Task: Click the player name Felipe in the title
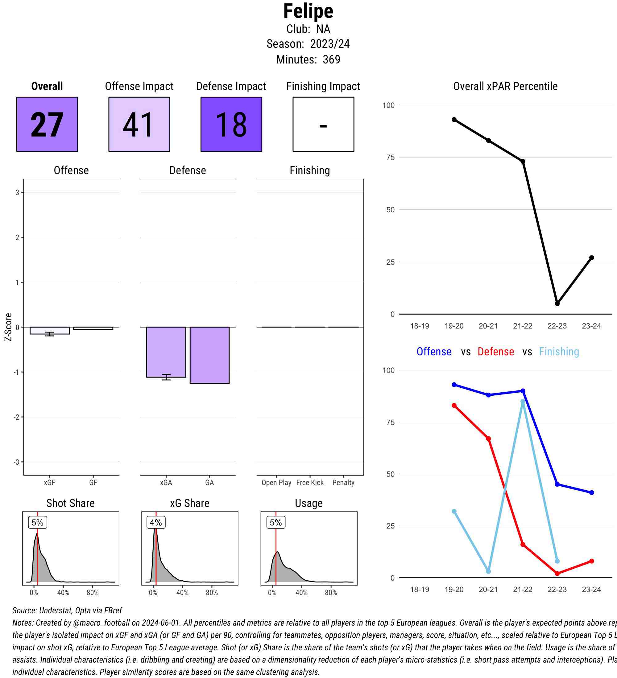point(308,11)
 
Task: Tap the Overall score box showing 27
point(47,125)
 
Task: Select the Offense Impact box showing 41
point(139,125)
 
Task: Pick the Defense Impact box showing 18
point(231,125)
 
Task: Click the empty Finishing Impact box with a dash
point(323,125)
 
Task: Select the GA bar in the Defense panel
point(209,355)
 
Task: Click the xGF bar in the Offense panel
point(49,330)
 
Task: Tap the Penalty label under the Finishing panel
point(343,483)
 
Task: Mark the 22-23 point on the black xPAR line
point(557,304)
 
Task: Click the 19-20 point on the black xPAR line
point(454,120)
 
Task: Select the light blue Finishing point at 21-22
point(523,402)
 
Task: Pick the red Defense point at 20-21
point(488,439)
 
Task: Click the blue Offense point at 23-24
point(592,493)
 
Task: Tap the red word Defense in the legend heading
point(495,352)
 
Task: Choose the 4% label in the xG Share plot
point(156,523)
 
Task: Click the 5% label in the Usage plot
point(276,523)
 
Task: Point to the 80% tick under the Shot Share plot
point(93,593)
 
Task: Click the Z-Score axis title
point(8,327)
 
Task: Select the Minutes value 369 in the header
point(331,59)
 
